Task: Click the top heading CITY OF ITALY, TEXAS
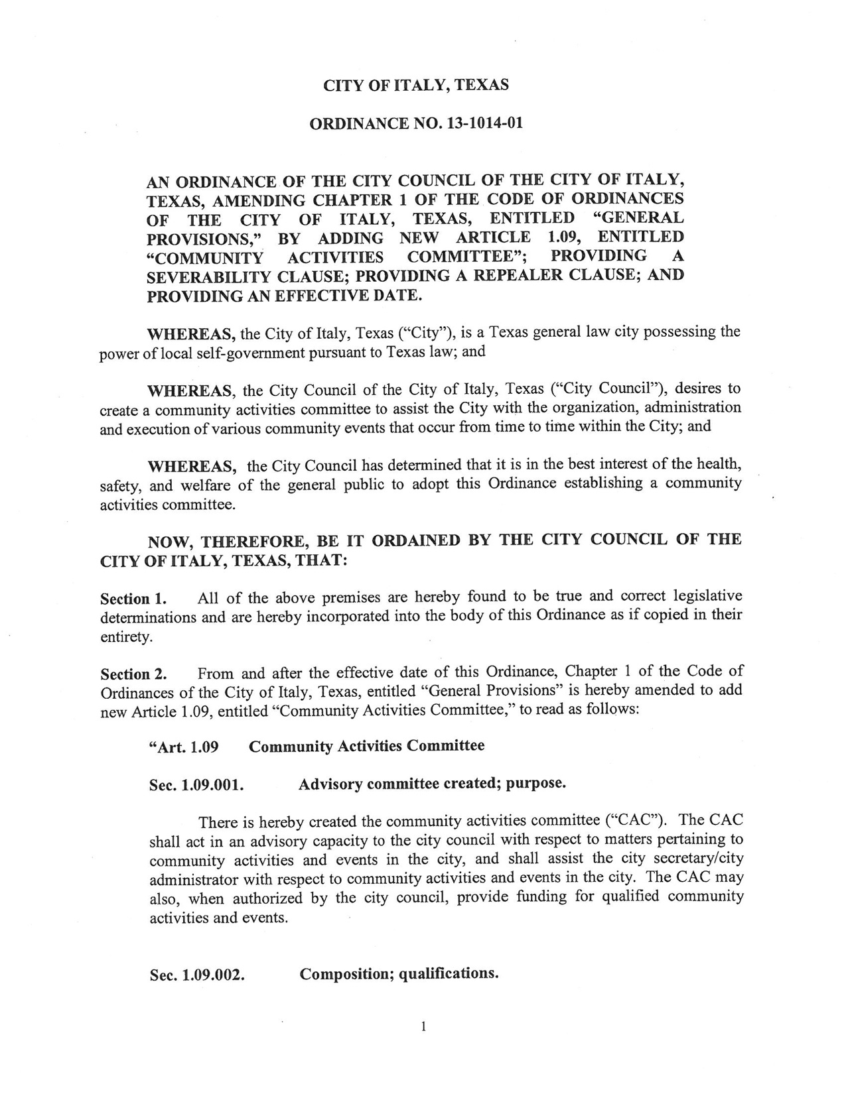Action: tap(415, 85)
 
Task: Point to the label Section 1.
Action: tap(132, 599)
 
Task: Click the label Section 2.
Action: tap(132, 674)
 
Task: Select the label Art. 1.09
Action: tap(184, 747)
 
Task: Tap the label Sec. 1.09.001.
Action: tap(197, 786)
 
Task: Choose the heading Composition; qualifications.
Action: tap(399, 973)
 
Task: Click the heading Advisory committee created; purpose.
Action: tap(432, 784)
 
